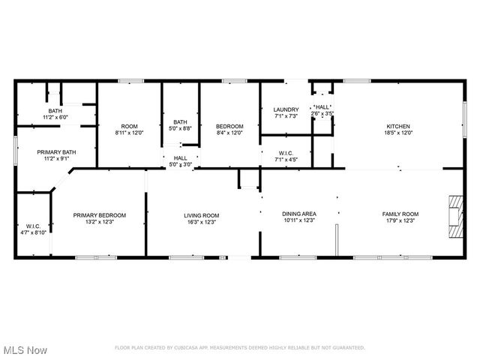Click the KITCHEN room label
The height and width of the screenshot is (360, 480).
pos(397,126)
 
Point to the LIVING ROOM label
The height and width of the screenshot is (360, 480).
pos(201,215)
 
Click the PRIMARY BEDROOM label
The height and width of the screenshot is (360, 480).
pos(99,215)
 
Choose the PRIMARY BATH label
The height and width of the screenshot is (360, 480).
pos(53,152)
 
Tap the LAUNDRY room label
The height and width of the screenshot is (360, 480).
pos(285,109)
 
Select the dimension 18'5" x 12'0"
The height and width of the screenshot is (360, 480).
pos(397,133)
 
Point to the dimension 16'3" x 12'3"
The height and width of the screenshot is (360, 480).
pos(201,222)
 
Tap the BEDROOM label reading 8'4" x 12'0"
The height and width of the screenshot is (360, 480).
pos(229,126)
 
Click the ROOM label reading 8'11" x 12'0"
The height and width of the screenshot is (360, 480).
pos(129,126)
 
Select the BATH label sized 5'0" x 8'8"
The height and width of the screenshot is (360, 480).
pos(181,122)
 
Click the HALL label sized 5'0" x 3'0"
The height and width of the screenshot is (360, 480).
pos(181,158)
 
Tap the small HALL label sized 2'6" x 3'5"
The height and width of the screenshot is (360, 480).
pos(322,107)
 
